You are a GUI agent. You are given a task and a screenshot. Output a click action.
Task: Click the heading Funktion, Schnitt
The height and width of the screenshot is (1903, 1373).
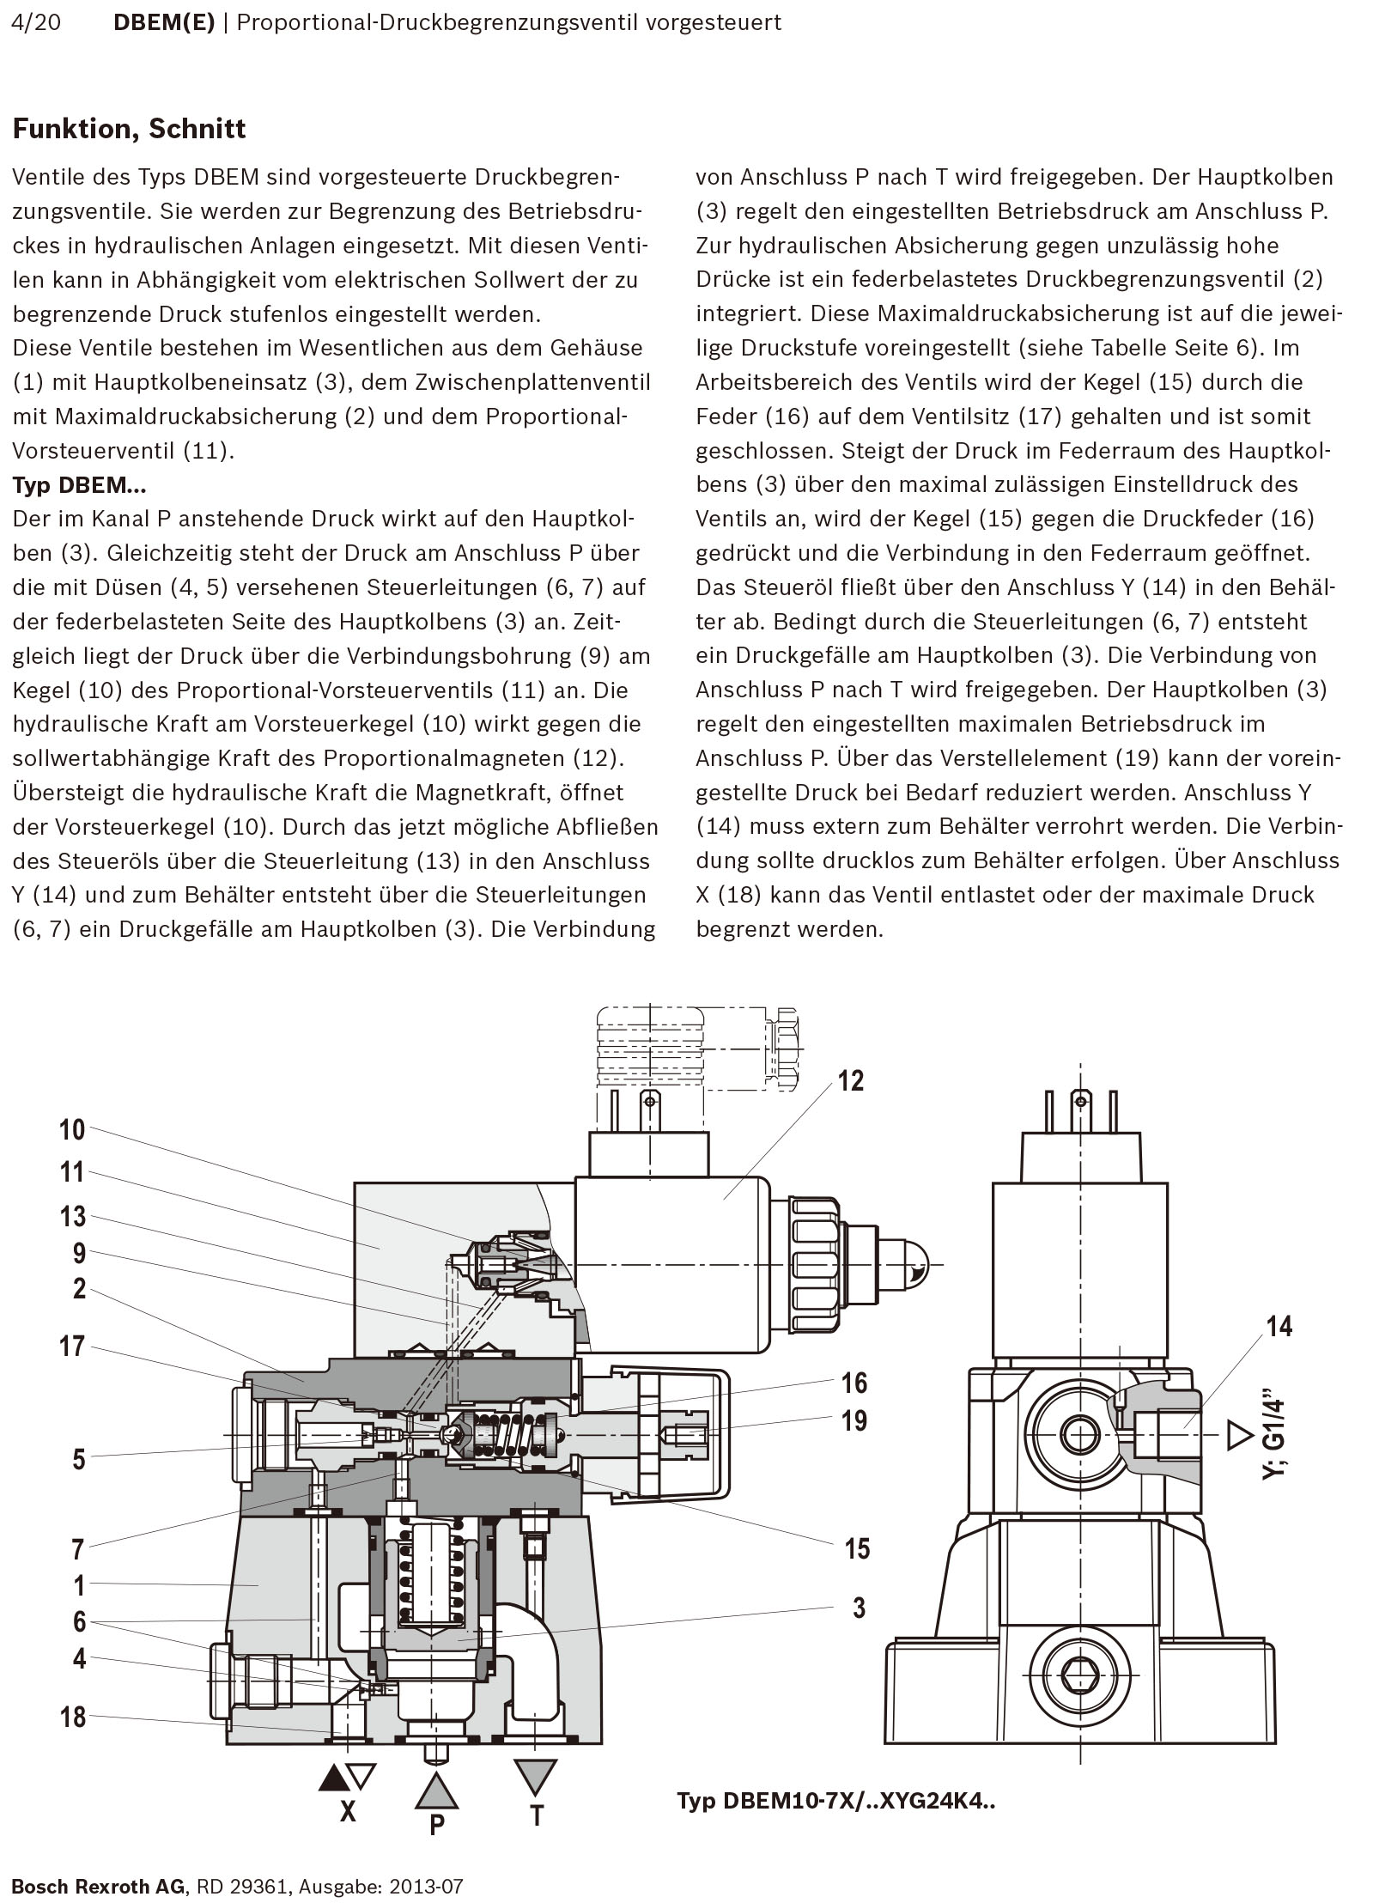coord(129,129)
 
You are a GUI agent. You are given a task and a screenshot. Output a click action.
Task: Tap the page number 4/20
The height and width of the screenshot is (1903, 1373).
coord(37,22)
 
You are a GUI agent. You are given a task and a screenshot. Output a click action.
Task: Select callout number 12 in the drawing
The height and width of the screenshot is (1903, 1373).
coord(850,1080)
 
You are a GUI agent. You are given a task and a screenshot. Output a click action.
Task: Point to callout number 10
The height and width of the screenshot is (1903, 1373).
coord(72,1129)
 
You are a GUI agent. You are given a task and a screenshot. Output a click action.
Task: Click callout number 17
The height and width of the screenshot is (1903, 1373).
coord(72,1346)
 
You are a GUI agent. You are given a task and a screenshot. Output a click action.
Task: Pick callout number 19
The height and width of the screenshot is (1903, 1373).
coord(854,1420)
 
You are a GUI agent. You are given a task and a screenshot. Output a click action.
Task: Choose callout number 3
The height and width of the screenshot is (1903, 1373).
coord(858,1608)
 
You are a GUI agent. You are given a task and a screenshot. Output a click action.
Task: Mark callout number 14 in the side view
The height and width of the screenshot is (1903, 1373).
coord(1279,1327)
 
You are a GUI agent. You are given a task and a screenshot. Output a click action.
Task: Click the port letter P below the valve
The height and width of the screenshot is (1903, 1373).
coord(436,1824)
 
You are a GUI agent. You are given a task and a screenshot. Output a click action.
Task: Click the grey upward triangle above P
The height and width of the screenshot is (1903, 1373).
coord(436,1790)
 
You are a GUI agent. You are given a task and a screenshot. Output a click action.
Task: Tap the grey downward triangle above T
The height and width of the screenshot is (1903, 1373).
coord(536,1777)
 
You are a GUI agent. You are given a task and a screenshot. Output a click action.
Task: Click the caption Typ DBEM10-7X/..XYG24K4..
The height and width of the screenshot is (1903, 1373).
coord(835,1800)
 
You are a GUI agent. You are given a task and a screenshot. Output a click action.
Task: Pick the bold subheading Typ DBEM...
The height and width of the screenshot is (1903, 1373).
coord(79,485)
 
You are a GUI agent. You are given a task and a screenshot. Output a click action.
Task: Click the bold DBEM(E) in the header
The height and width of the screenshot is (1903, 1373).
coord(164,22)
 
